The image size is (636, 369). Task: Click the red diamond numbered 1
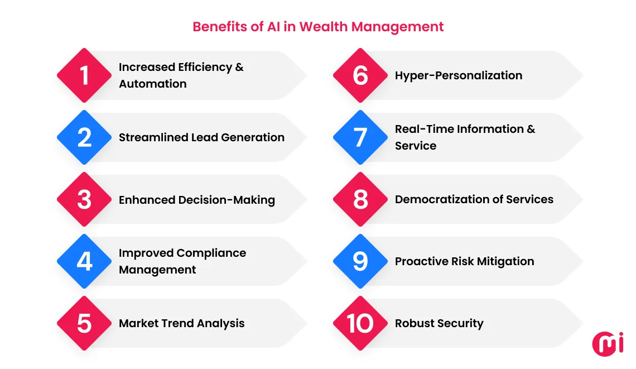(x=84, y=75)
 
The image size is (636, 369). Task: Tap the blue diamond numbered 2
(x=84, y=137)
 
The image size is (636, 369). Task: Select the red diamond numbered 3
(x=84, y=199)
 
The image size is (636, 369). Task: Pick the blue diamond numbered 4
(x=84, y=261)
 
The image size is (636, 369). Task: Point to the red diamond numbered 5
(x=84, y=323)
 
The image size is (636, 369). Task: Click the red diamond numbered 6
(x=360, y=75)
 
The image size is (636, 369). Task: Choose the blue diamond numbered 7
(x=360, y=137)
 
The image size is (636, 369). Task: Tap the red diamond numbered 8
(x=360, y=199)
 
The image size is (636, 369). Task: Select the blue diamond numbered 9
(x=360, y=261)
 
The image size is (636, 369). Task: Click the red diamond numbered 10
(x=360, y=323)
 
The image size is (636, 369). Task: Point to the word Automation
(x=152, y=84)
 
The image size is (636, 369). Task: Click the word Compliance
(x=211, y=253)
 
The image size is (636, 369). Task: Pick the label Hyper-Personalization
(x=459, y=75)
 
